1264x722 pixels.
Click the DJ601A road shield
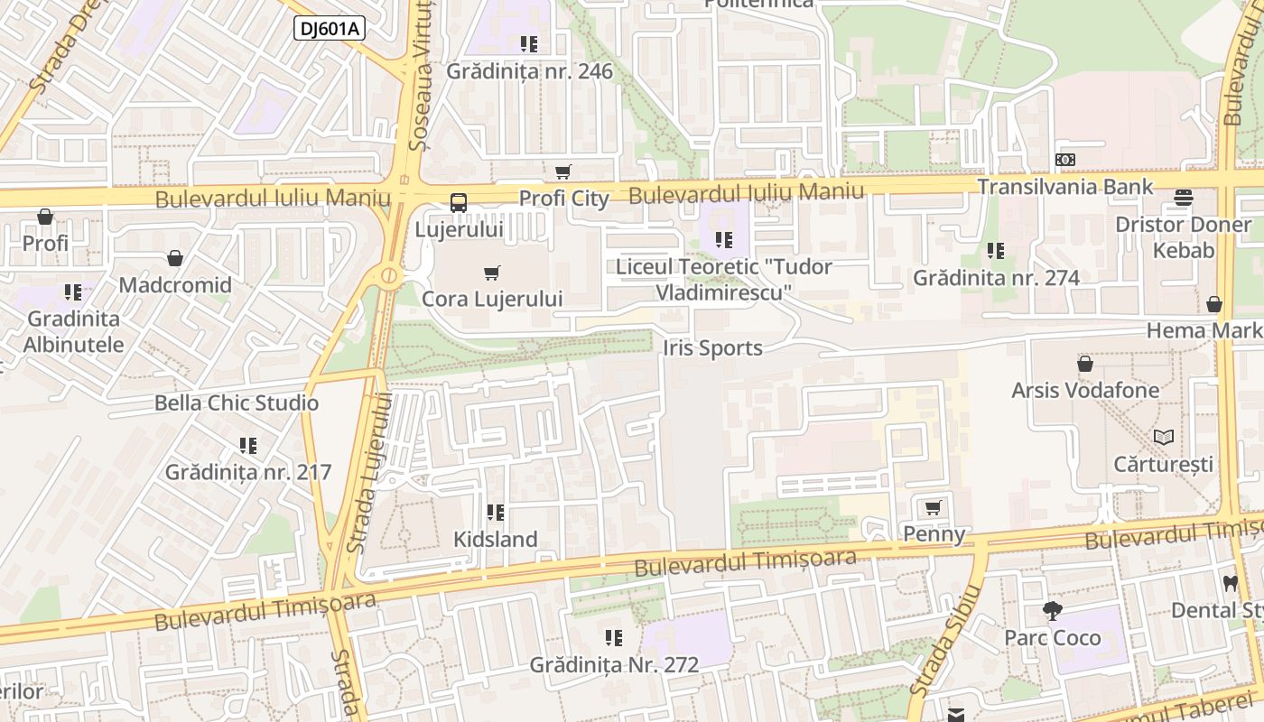tap(330, 29)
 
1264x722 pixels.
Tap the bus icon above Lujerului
tap(459, 203)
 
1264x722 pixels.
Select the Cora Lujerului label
tap(492, 299)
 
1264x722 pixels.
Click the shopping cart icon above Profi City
tap(563, 171)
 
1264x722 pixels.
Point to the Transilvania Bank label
tap(1065, 187)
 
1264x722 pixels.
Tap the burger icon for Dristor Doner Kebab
tap(1184, 198)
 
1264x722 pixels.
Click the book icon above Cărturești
tap(1164, 438)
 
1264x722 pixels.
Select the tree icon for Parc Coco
tap(1052, 611)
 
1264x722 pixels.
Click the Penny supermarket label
tap(934, 534)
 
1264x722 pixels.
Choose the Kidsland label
tap(495, 540)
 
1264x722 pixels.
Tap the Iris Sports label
tap(712, 348)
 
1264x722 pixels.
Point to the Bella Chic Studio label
tap(237, 403)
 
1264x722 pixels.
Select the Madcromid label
tap(175, 285)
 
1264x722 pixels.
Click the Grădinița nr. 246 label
tap(529, 71)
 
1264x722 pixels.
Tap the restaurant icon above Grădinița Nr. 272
tap(614, 639)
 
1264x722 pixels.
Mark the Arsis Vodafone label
tap(1085, 391)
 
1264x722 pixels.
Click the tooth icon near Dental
tap(1230, 583)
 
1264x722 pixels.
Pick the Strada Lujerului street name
tap(370, 474)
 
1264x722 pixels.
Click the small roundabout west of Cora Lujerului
tap(389, 276)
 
